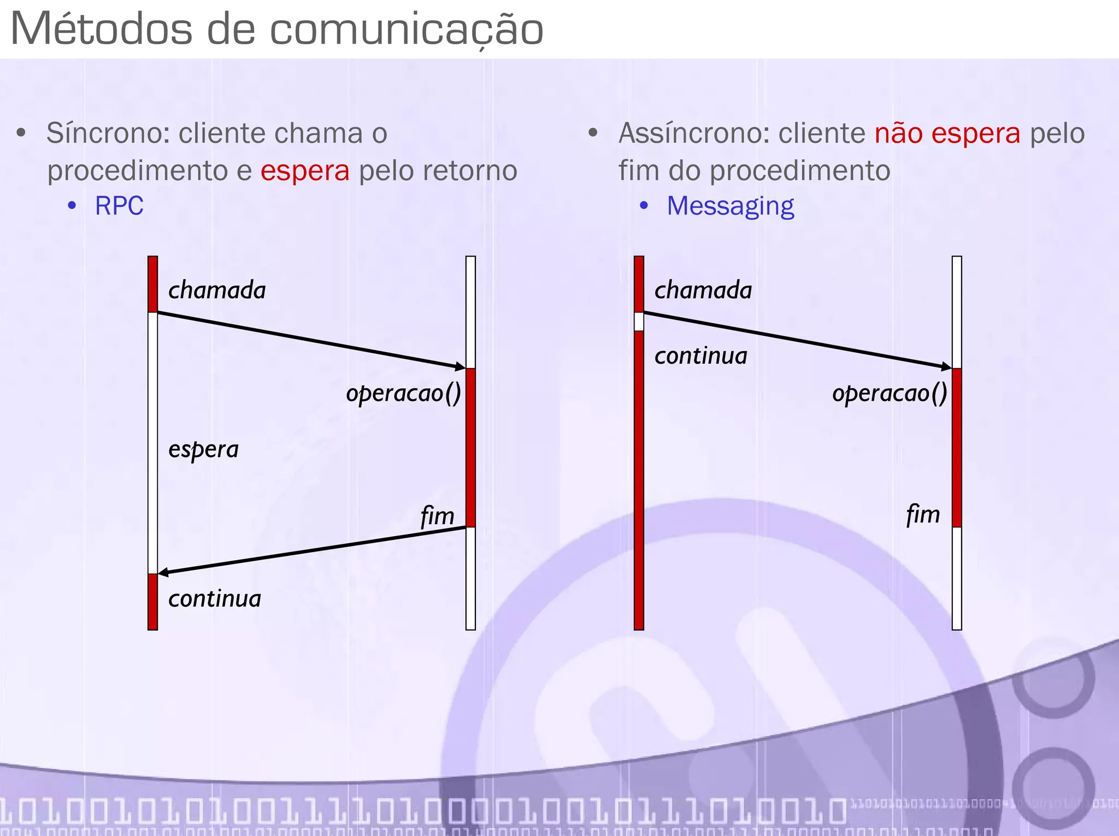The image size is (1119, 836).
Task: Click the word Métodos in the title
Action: click(x=102, y=29)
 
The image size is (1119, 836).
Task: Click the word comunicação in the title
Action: click(x=407, y=29)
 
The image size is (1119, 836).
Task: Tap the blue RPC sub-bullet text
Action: click(x=119, y=206)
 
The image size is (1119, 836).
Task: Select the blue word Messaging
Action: click(x=730, y=206)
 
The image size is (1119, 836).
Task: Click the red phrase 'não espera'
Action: click(x=947, y=133)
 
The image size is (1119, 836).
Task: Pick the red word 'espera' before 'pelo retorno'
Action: click(x=305, y=171)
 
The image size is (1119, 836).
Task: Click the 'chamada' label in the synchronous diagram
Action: click(x=217, y=290)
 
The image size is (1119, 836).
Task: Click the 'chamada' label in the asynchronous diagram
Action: click(x=703, y=290)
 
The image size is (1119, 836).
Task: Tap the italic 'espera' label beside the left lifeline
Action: click(x=203, y=450)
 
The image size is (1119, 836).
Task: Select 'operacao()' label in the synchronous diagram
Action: click(x=403, y=393)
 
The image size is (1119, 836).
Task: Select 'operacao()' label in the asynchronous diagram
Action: click(x=890, y=393)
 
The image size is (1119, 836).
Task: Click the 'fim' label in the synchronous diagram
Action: click(x=437, y=515)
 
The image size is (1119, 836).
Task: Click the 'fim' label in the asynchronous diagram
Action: click(x=923, y=514)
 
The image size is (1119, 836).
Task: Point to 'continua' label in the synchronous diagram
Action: click(x=215, y=598)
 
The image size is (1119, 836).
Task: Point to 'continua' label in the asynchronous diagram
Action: click(x=701, y=356)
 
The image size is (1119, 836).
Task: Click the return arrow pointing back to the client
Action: click(x=311, y=550)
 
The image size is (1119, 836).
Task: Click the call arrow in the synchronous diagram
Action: click(x=311, y=340)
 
